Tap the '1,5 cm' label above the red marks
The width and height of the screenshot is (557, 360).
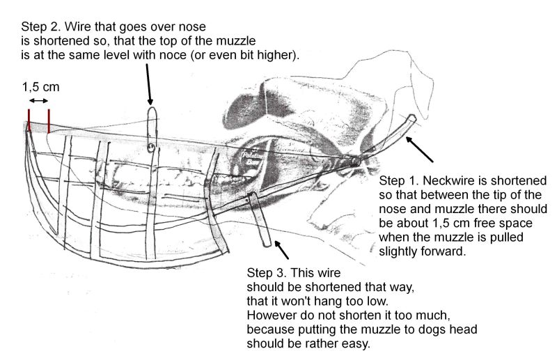40,88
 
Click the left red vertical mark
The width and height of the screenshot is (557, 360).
29,120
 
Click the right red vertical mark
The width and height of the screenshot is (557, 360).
49,120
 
